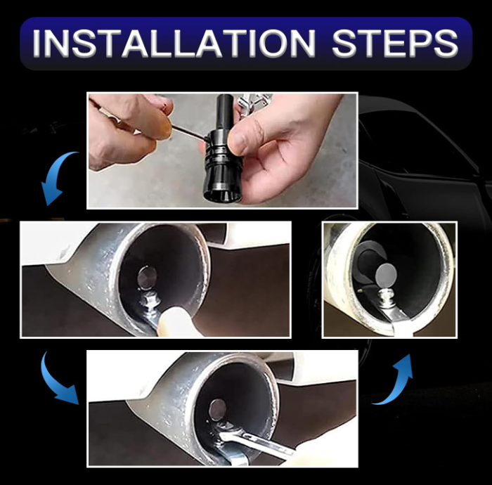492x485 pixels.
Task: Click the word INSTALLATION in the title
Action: (x=173, y=44)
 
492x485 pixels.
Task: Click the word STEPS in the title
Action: (x=395, y=44)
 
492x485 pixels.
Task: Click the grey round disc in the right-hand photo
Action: (x=387, y=276)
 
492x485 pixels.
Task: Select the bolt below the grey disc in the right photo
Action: (x=385, y=297)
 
